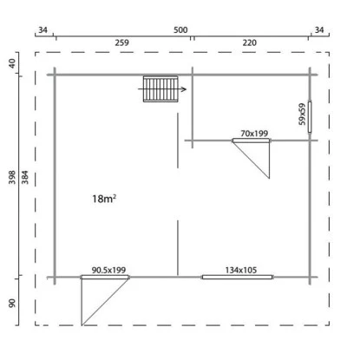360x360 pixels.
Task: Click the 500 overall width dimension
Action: [x=180, y=29]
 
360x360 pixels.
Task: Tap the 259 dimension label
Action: [x=121, y=43]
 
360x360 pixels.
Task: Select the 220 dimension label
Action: [x=250, y=43]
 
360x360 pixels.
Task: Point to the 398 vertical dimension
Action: [x=12, y=177]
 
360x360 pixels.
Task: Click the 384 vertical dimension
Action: [x=25, y=177]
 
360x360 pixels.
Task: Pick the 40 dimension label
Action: [x=12, y=63]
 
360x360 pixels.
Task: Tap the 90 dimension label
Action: [x=12, y=303]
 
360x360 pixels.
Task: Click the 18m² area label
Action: [x=104, y=199]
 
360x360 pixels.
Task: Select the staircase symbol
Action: [x=160, y=89]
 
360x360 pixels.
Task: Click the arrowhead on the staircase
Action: [x=184, y=89]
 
